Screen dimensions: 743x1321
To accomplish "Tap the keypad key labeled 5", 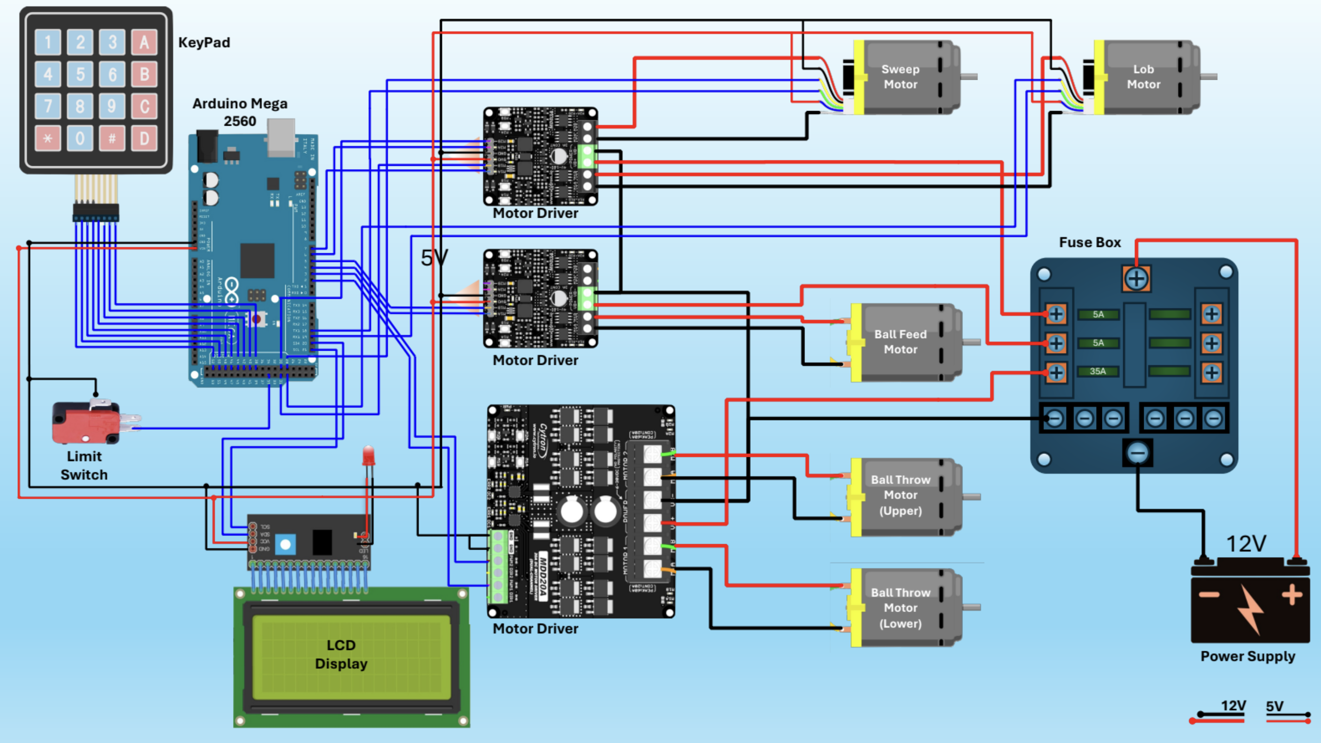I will point(80,74).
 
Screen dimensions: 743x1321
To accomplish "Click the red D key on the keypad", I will point(144,138).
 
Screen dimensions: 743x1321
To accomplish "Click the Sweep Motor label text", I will point(900,77).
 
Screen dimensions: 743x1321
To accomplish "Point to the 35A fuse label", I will point(1098,371).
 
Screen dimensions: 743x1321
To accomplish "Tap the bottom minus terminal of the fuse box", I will point(1137,452).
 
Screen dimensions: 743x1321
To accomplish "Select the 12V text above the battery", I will point(1245,544).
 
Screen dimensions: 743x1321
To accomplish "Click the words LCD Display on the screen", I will point(341,654).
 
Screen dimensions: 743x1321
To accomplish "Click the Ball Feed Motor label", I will point(900,342).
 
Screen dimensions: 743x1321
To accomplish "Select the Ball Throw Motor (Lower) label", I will point(900,608).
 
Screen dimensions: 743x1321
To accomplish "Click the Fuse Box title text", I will point(1090,242).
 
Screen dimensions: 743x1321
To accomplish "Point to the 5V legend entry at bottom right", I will point(1275,707).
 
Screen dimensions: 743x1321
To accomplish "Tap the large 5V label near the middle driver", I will point(434,258).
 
